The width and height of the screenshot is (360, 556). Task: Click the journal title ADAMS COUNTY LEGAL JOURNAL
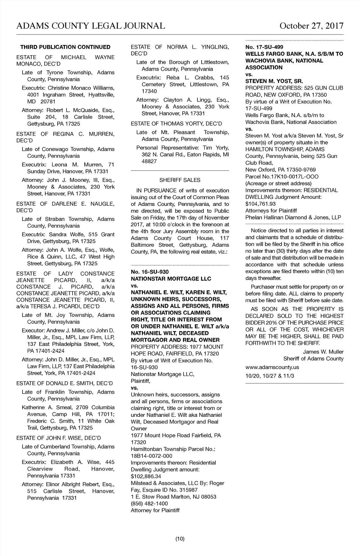point(91,26)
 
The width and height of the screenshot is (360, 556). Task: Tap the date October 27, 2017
point(311,26)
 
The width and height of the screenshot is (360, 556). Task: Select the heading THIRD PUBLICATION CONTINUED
point(65,47)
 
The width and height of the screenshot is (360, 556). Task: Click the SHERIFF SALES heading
point(180,180)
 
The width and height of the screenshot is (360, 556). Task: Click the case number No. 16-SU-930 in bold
point(150,272)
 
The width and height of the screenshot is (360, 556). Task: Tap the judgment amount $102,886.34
point(146,476)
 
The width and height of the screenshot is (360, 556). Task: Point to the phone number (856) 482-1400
point(149,504)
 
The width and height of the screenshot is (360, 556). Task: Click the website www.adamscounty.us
point(272,367)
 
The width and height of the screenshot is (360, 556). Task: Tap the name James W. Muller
point(323,352)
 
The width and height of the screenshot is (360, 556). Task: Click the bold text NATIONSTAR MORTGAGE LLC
point(171,279)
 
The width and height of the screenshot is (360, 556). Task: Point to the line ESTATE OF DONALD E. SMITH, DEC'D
point(64,383)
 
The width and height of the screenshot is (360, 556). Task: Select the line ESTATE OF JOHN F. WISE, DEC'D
point(58,438)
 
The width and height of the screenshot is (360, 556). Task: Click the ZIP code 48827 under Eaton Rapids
point(149,161)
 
